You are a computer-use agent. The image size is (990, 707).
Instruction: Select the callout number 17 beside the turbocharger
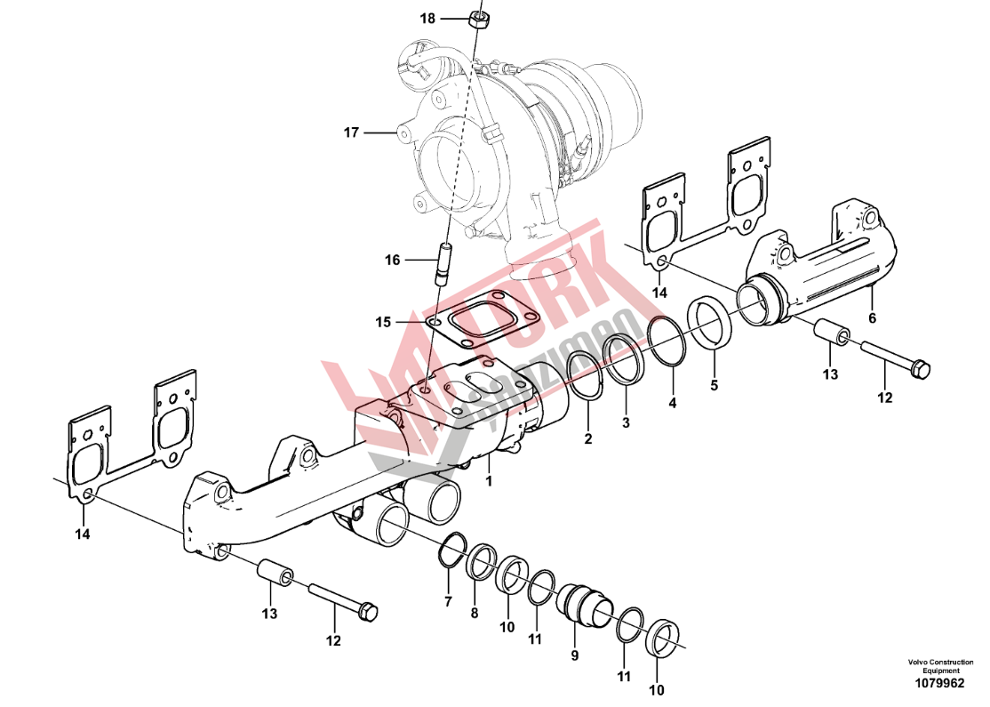[351, 133]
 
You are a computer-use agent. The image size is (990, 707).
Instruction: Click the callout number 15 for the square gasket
[383, 322]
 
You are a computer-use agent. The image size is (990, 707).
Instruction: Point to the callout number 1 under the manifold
[489, 481]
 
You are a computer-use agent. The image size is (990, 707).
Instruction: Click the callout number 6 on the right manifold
[872, 318]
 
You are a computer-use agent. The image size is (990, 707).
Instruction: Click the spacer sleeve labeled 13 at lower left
[275, 573]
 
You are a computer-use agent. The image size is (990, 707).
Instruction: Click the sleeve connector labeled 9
[585, 602]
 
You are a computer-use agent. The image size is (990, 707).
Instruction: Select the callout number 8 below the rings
[475, 613]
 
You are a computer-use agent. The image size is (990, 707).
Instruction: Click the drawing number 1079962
[940, 683]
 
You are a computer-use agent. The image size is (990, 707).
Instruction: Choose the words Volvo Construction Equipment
[941, 666]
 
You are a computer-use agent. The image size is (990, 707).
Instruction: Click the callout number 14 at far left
[82, 534]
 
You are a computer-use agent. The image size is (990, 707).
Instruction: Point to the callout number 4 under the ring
[673, 403]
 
